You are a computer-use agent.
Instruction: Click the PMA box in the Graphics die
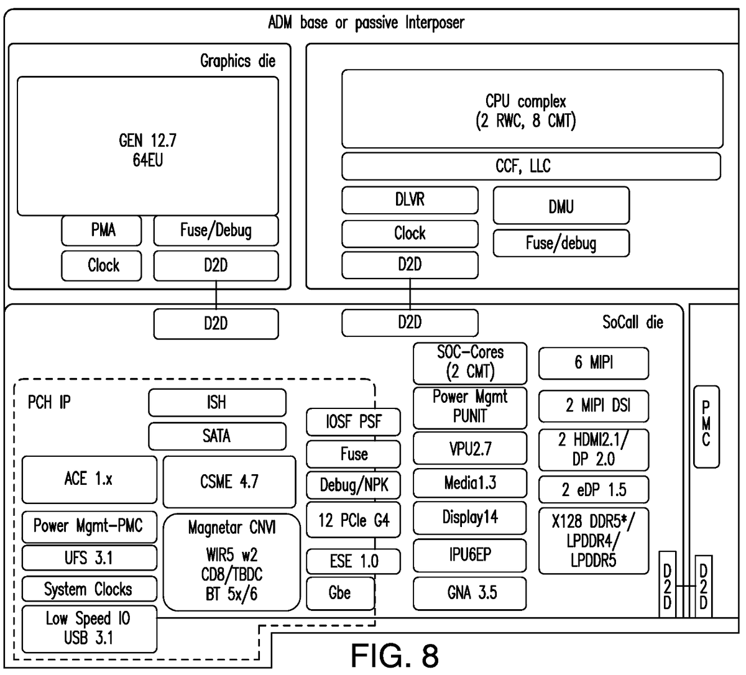pos(101,231)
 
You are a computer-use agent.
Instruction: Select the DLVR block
pos(410,200)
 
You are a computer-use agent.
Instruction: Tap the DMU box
pos(561,206)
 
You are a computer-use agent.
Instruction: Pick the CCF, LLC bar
pos(530,166)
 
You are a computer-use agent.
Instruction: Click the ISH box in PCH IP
pos(217,402)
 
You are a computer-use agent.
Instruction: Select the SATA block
pos(217,436)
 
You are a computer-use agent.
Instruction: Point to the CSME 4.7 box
pos(229,482)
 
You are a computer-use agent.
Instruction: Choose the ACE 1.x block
pos(89,479)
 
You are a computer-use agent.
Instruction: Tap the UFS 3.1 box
pos(89,558)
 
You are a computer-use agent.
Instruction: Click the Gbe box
pos(340,593)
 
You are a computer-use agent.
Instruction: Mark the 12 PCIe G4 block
pos(353,520)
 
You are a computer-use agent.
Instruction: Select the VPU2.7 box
pos(469,448)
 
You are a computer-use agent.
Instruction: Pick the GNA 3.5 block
pos(469,593)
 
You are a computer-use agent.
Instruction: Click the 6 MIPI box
pos(593,363)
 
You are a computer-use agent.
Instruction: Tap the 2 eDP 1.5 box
pos(593,490)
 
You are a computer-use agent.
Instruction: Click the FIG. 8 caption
pos(395,655)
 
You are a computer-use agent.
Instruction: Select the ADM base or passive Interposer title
pos(366,24)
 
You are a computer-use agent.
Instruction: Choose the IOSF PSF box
pos(353,422)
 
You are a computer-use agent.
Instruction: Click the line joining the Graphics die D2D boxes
pos(216,294)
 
